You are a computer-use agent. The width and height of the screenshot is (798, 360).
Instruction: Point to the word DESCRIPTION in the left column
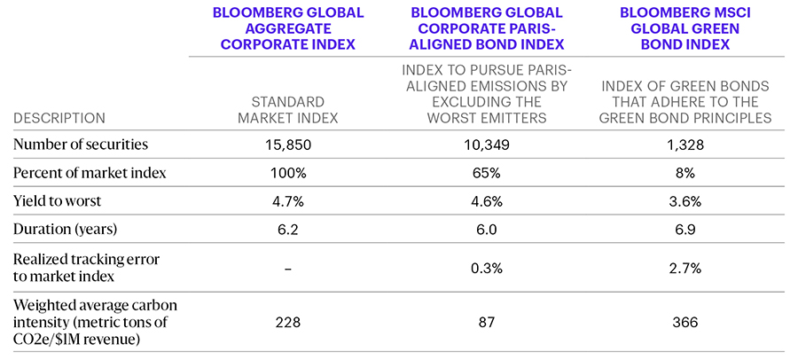59,117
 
